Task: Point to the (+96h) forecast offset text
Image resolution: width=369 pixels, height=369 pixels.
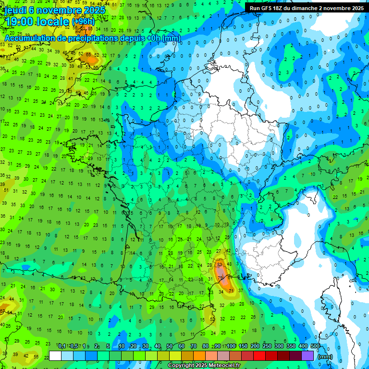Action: click(84, 21)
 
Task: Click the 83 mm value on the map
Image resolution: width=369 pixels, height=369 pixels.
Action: click(220, 264)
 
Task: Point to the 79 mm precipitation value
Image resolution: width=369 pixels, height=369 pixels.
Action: click(220, 278)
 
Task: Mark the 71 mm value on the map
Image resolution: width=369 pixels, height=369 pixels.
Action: click(231, 291)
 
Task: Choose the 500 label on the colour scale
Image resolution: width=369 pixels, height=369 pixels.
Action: click(315, 346)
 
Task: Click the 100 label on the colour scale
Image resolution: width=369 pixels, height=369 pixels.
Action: click(231, 346)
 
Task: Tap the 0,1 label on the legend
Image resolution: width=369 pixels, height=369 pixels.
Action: click(62, 346)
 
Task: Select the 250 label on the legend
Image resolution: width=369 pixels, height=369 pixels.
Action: click(267, 346)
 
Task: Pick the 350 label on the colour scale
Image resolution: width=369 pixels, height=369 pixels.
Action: click(291, 346)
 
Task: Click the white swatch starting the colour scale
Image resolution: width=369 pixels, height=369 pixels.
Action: click(55, 356)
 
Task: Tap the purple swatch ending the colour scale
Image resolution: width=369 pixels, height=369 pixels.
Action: click(307, 356)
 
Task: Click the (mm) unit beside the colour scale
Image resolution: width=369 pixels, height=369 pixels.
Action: click(325, 357)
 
